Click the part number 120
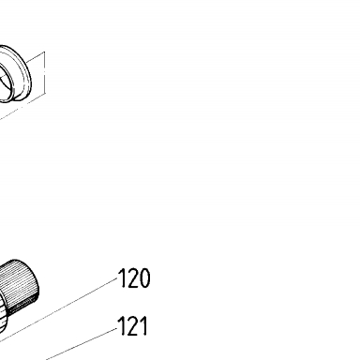point(134,277)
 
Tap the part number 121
point(132,325)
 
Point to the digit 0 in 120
point(144,277)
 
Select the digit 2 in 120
point(130,277)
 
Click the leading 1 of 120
point(120,277)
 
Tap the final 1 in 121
point(142,325)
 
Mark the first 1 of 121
point(120,325)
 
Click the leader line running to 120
point(58,308)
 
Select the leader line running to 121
point(82,343)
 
